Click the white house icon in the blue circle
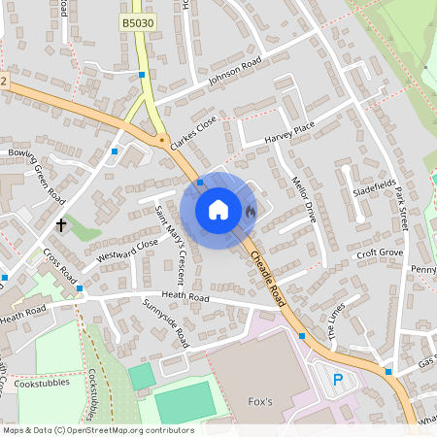(x=218, y=210)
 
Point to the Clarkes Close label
(x=193, y=134)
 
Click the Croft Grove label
(x=379, y=253)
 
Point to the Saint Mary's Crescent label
(x=171, y=231)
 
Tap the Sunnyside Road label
(x=166, y=323)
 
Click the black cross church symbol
(x=61, y=225)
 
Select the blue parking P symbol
(x=338, y=380)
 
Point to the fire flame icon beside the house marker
(x=249, y=210)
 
